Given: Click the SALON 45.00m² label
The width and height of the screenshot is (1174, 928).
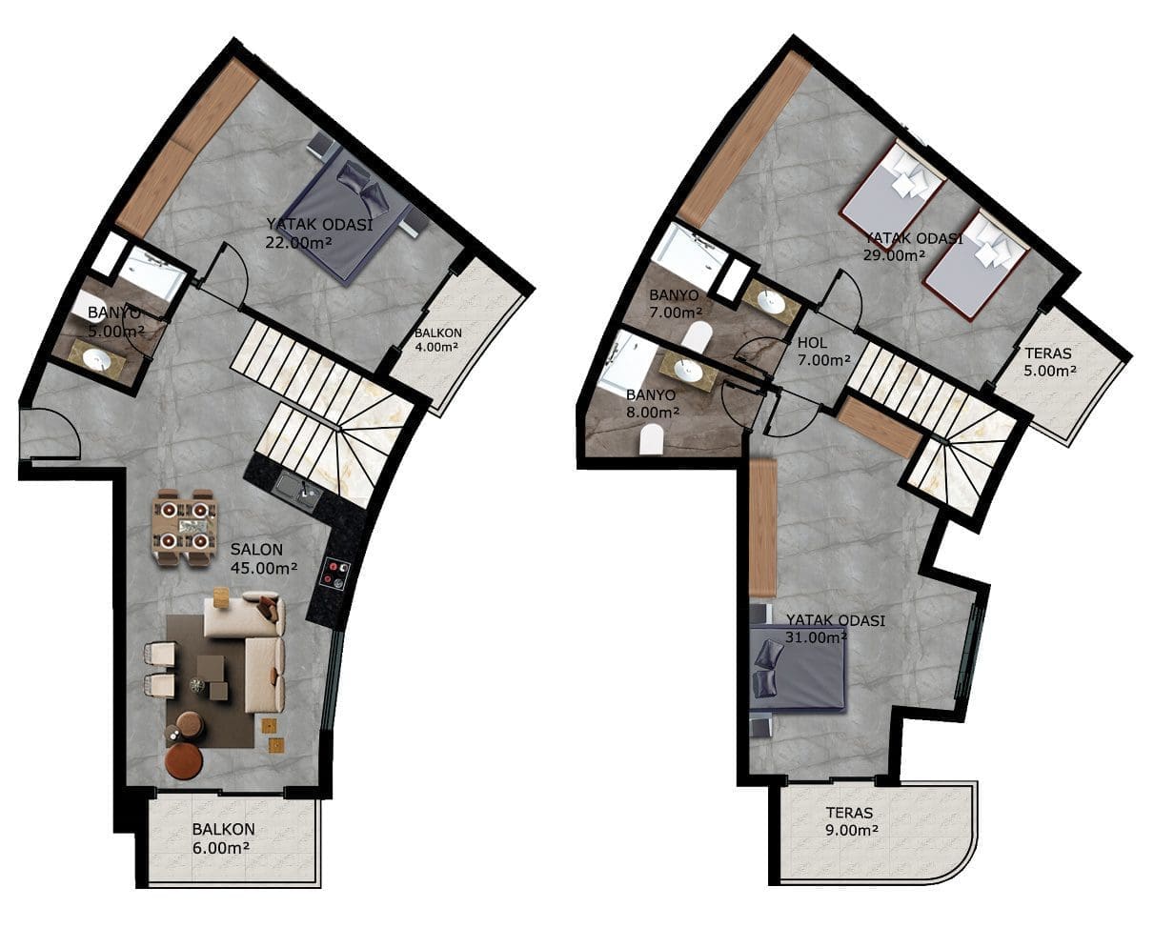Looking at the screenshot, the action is pyautogui.click(x=264, y=558).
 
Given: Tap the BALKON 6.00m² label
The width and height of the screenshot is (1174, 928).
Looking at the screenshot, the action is pyautogui.click(x=223, y=838).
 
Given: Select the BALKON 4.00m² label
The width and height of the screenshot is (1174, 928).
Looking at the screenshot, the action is pyautogui.click(x=437, y=339).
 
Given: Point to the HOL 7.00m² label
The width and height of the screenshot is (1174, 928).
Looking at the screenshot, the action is pyautogui.click(x=823, y=352).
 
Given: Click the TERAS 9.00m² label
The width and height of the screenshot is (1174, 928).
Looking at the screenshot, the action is pyautogui.click(x=852, y=821).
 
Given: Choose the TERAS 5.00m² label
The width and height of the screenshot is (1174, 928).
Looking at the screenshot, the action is pyautogui.click(x=1049, y=362).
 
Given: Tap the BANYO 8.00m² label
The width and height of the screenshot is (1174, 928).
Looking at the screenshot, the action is pyautogui.click(x=653, y=404).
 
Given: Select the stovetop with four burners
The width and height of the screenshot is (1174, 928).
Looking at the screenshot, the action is pyautogui.click(x=334, y=573).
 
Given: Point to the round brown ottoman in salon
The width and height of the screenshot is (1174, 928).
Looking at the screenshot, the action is pyautogui.click(x=184, y=761).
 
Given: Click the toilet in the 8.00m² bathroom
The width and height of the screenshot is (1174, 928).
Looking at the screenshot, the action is pyautogui.click(x=651, y=439).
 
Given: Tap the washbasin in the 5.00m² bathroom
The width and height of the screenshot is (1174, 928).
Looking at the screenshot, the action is pyautogui.click(x=98, y=359).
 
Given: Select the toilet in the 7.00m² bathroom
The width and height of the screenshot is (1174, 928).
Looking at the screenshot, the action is pyautogui.click(x=698, y=337).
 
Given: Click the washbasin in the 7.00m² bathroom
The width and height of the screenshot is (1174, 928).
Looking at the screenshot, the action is pyautogui.click(x=770, y=299).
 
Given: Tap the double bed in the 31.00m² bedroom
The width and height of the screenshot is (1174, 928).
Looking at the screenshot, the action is pyautogui.click(x=799, y=676).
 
